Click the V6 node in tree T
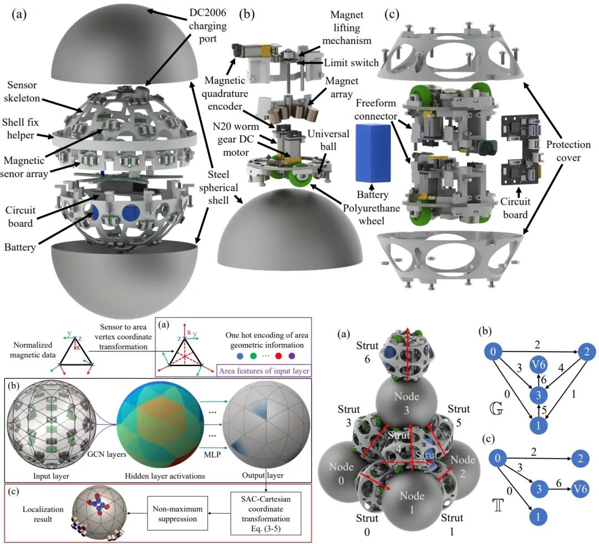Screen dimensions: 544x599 pyautogui.click(x=581, y=489)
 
